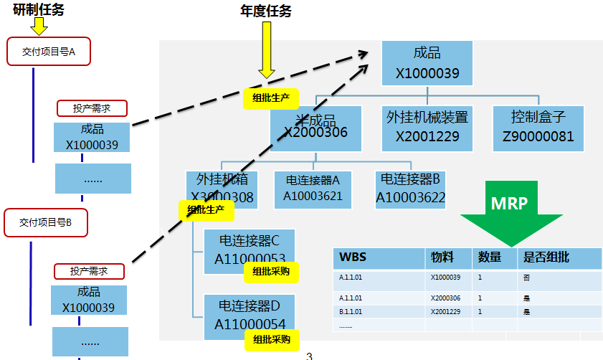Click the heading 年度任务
pos(266,11)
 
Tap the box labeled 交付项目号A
pos(49,52)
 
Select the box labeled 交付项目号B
pos(46,223)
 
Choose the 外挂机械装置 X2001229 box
pos(427,126)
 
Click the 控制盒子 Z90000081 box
pos(538,126)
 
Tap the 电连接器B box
pos(411,189)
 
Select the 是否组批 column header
pos(559,257)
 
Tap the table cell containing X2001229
pos(446,312)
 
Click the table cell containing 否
pos(528,277)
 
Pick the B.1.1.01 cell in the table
pos(351,312)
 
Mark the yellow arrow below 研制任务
pos(39,27)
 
